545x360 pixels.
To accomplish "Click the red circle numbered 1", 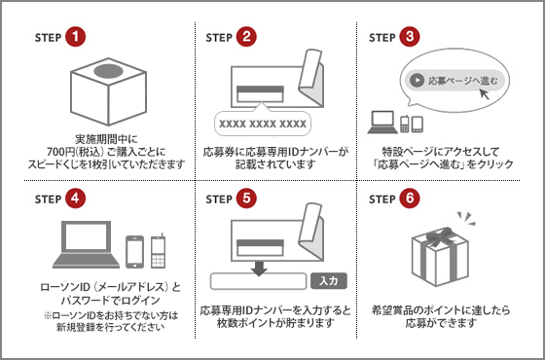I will (77, 38).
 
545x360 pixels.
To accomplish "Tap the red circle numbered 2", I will (247, 38).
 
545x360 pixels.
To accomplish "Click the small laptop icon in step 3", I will (382, 123).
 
